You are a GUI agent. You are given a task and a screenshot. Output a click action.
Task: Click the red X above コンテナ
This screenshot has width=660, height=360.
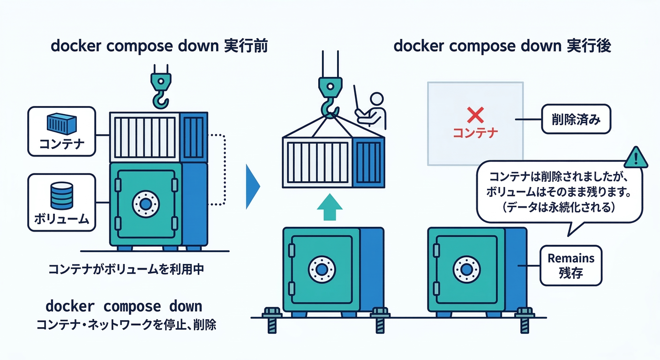[475, 114]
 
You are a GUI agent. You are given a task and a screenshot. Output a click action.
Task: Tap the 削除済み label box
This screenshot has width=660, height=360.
[576, 120]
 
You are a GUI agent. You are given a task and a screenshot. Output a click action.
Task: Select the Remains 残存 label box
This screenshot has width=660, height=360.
[571, 265]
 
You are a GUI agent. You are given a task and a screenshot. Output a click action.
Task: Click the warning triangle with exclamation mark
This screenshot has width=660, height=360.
[636, 157]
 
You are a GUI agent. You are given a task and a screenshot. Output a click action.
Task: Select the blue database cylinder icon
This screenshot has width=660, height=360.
[61, 196]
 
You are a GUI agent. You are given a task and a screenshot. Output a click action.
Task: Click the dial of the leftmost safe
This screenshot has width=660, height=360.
[146, 204]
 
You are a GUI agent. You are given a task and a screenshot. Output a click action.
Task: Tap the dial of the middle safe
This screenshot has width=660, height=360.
[322, 270]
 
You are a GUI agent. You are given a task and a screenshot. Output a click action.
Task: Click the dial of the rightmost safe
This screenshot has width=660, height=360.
[466, 270]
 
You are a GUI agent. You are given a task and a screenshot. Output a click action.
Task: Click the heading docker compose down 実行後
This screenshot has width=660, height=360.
[502, 47]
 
